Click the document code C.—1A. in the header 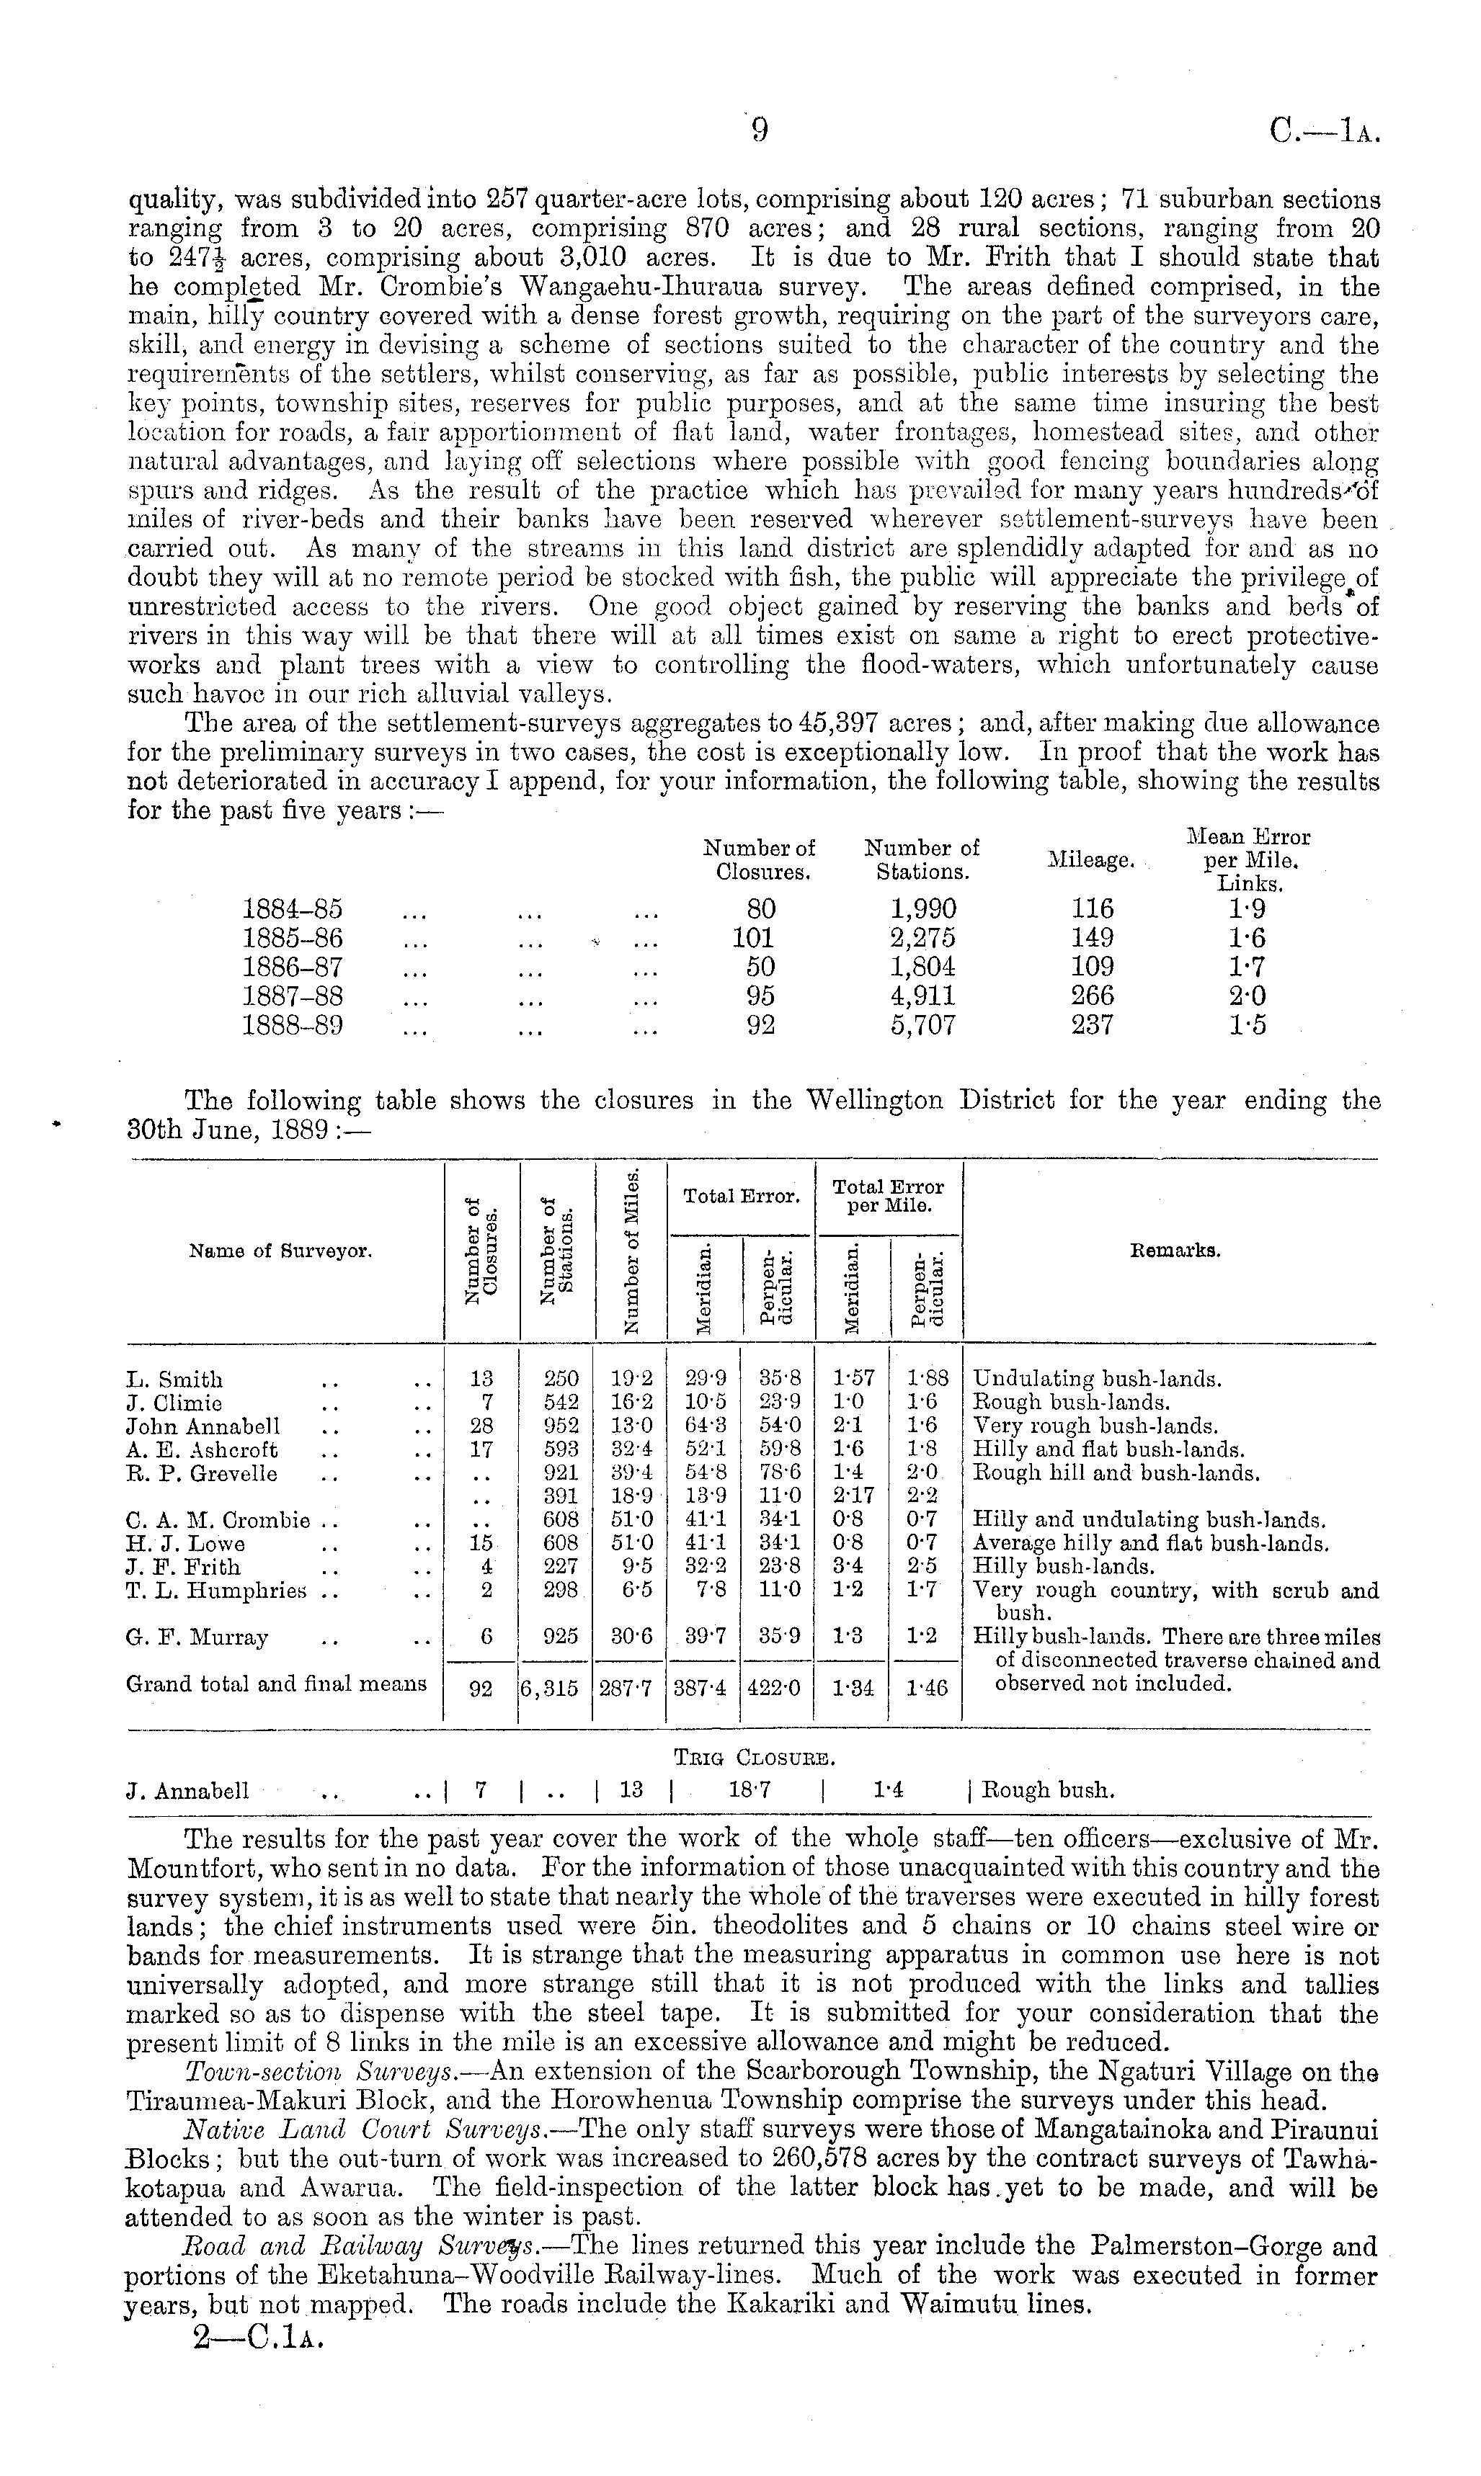coord(1325,132)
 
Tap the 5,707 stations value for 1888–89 coord(922,1024)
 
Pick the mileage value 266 coord(1092,996)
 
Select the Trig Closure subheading coord(755,1757)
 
